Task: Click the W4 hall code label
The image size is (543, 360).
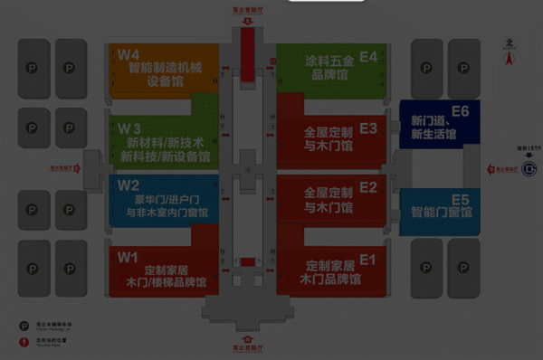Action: point(129,54)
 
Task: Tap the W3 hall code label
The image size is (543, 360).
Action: point(129,127)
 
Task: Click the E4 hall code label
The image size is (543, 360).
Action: point(368,56)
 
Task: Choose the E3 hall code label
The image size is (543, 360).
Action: point(368,128)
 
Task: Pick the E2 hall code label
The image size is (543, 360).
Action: point(368,187)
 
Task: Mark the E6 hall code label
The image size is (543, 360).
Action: point(460,111)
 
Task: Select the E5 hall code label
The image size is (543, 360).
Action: point(460,199)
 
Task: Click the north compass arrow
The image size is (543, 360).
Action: point(510,56)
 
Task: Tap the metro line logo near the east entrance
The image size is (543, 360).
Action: point(529,168)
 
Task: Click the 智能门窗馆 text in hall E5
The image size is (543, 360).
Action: point(442,213)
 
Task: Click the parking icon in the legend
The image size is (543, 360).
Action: point(24,324)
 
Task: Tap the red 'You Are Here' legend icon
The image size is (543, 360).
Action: point(24,342)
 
